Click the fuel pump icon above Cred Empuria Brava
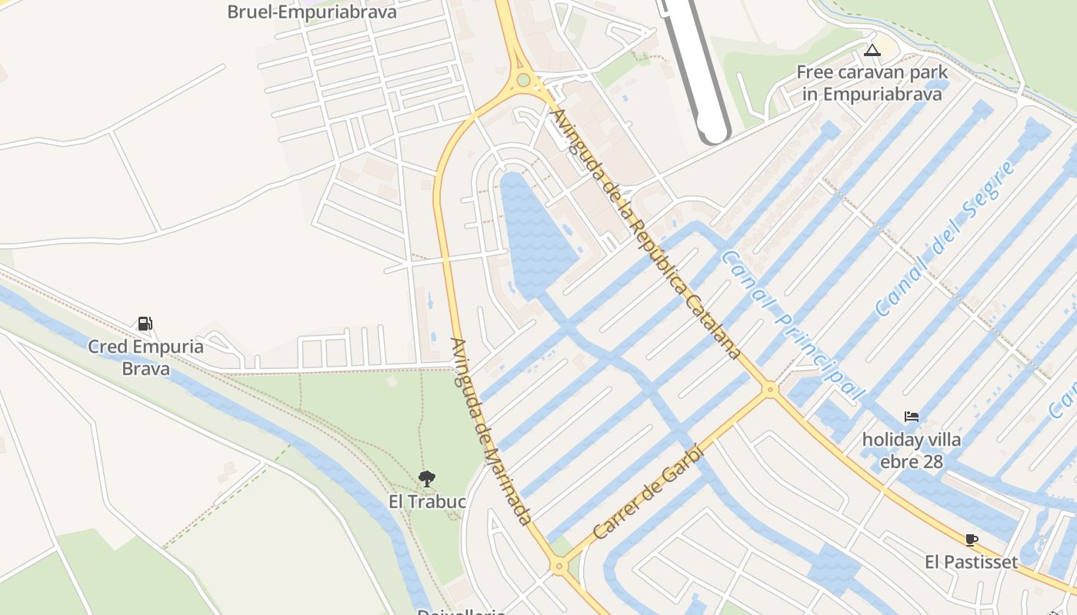(145, 323)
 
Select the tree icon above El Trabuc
(427, 479)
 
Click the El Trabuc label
(427, 502)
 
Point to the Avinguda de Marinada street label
(491, 431)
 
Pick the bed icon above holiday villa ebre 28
(912, 417)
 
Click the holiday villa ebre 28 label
(912, 450)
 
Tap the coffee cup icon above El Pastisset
(971, 540)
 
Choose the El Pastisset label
(971, 562)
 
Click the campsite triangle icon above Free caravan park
(872, 51)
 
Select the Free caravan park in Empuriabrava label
(872, 83)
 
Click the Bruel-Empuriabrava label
(312, 12)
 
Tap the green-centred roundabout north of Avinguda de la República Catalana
(524, 80)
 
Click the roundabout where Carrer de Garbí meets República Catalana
(769, 390)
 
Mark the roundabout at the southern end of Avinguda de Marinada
(559, 567)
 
